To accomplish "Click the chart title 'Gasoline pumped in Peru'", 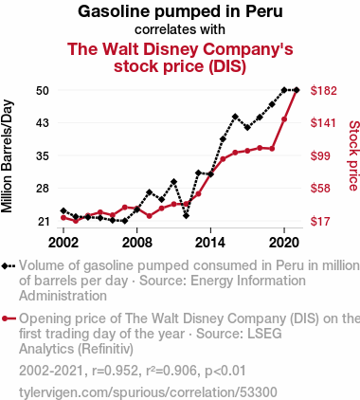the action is [180, 11].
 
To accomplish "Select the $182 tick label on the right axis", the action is [324, 91].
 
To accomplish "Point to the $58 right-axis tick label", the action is [320, 189].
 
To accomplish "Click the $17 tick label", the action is [320, 221].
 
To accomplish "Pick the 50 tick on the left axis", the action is [43, 91].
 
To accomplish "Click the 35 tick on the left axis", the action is [43, 155].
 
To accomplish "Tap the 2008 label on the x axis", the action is [137, 243].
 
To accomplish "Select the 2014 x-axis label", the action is [210, 243].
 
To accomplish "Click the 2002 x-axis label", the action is [63, 243].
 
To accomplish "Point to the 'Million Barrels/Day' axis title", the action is [7, 156].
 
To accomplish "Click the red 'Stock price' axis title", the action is [354, 155].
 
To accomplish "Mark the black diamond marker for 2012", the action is [186, 216].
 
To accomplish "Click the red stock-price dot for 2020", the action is [284, 119].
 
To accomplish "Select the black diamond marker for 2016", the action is [235, 117].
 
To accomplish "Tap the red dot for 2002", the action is [63, 217].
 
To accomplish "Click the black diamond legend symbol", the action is [9, 266].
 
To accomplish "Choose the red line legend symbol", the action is [9, 318].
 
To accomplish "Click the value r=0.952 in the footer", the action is [115, 371].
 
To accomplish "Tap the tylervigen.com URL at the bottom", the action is [148, 392].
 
